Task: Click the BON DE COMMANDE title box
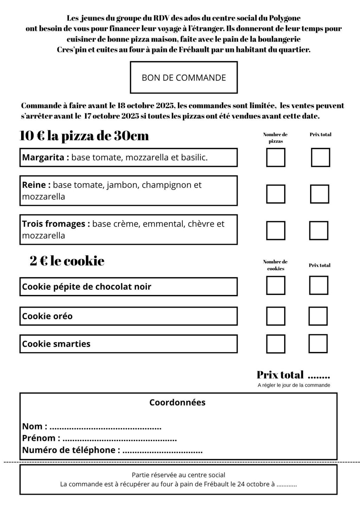click(x=184, y=77)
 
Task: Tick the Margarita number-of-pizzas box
click(x=276, y=157)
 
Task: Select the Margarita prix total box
click(x=320, y=157)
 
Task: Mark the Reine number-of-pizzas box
click(x=276, y=194)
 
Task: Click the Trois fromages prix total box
click(x=319, y=230)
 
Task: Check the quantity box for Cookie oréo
click(x=276, y=316)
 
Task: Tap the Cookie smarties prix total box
click(x=318, y=343)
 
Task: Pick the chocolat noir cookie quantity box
click(x=276, y=285)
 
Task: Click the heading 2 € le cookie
click(x=67, y=261)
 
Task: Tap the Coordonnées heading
click(x=177, y=402)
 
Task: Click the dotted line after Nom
click(x=105, y=428)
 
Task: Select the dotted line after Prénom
click(x=120, y=440)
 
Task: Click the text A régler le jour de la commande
click(x=294, y=385)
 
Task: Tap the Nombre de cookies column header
click(x=275, y=265)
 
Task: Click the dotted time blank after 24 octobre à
click(x=287, y=485)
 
